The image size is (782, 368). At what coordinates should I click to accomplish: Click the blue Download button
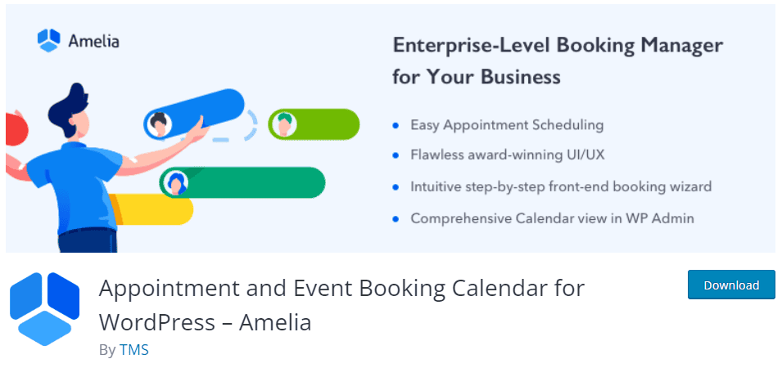[x=731, y=285]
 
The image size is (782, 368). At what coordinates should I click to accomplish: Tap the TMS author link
[x=133, y=349]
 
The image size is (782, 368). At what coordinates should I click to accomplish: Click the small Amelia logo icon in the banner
[x=49, y=40]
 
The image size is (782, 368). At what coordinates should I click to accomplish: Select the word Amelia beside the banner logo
[x=94, y=41]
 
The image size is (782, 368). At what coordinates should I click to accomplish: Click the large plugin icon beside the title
[x=44, y=309]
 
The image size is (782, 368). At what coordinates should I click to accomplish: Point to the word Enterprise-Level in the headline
[x=471, y=46]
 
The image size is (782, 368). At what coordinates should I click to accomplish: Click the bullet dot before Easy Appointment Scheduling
[x=396, y=125]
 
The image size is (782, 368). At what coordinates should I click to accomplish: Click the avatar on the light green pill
[x=283, y=124]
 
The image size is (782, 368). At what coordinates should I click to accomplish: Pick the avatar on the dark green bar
[x=176, y=183]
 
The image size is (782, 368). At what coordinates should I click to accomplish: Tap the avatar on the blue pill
[x=159, y=124]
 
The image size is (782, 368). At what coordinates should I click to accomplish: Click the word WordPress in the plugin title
[x=156, y=322]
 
